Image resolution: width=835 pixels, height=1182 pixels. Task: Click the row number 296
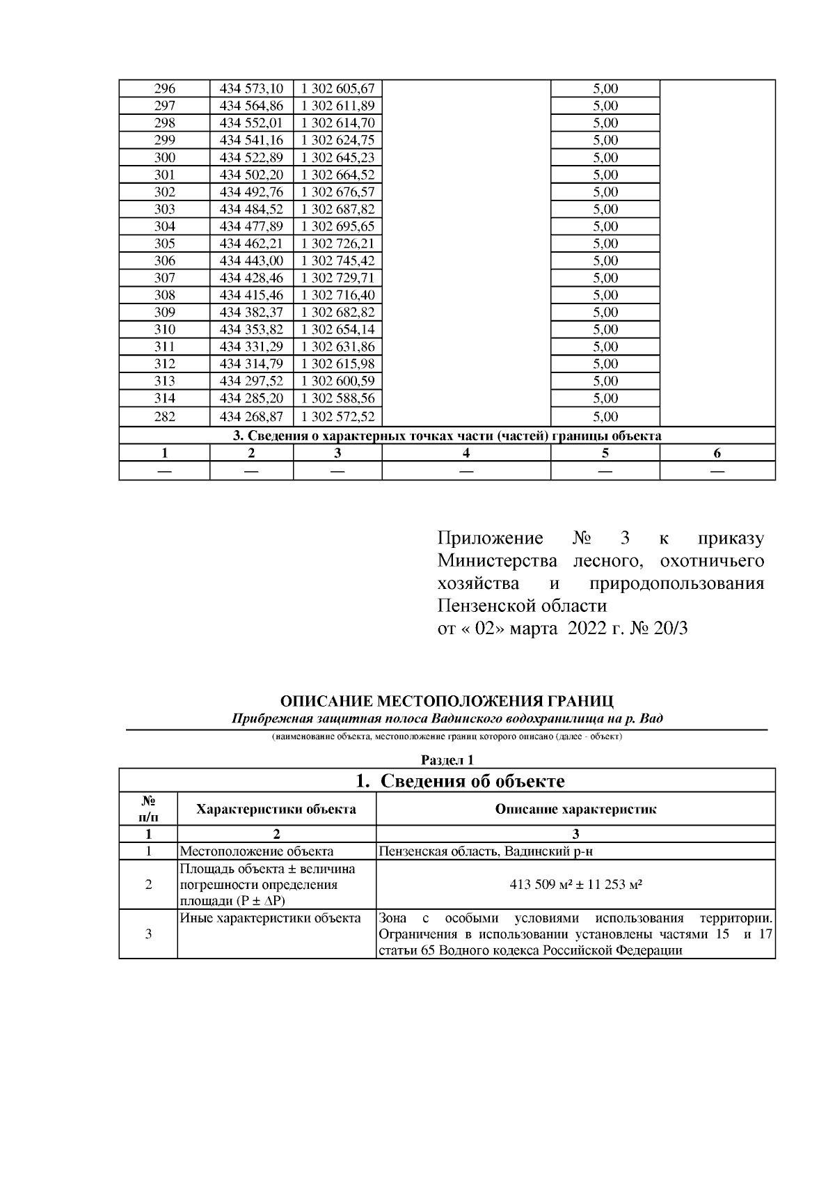164,88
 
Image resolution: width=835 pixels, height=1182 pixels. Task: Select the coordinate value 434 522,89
251,157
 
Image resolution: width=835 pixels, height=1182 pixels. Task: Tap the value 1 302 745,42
337,260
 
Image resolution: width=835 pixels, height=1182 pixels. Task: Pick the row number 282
164,417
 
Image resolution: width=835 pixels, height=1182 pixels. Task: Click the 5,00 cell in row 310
605,329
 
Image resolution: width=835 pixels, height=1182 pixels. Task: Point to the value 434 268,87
251,417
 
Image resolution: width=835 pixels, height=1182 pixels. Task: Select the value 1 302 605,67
337,88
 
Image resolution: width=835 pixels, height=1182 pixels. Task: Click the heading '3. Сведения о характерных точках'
446,436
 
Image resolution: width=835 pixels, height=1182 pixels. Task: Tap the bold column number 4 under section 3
466,453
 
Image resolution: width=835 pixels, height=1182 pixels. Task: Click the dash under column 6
717,471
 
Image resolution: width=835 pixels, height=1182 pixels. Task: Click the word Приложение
491,538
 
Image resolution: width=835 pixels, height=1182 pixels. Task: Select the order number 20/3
671,629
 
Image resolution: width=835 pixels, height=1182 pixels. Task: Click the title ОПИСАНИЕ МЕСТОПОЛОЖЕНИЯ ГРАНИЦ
447,701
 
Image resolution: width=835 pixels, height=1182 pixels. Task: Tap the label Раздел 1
447,760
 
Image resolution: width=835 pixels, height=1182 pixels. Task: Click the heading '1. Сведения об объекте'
460,781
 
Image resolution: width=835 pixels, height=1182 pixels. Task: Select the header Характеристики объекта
276,809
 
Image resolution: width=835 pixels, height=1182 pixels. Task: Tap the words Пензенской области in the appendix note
522,606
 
